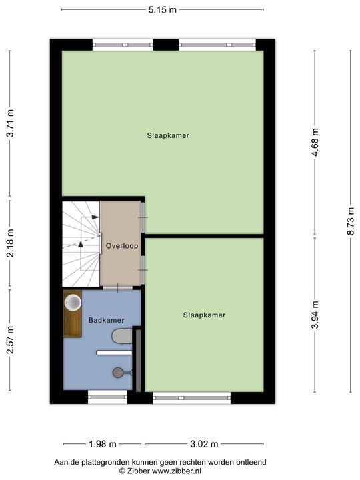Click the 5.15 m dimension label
coord(163,10)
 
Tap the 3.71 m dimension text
coord(11,123)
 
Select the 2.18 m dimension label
coord(11,243)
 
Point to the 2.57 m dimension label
coord(11,340)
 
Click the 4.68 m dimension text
coord(315,143)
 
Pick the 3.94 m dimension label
coord(315,315)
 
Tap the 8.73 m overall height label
coord(351,221)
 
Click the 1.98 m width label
coord(103,444)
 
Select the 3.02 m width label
coord(204,444)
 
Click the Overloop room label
coord(122,246)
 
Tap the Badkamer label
coord(106,320)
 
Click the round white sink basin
coord(73,302)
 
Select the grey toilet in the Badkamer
coord(122,336)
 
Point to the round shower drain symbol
coord(117,373)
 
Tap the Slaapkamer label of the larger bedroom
coord(168,135)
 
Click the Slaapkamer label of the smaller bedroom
coord(204,315)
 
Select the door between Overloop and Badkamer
coord(117,288)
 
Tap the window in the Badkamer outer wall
coord(107,397)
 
